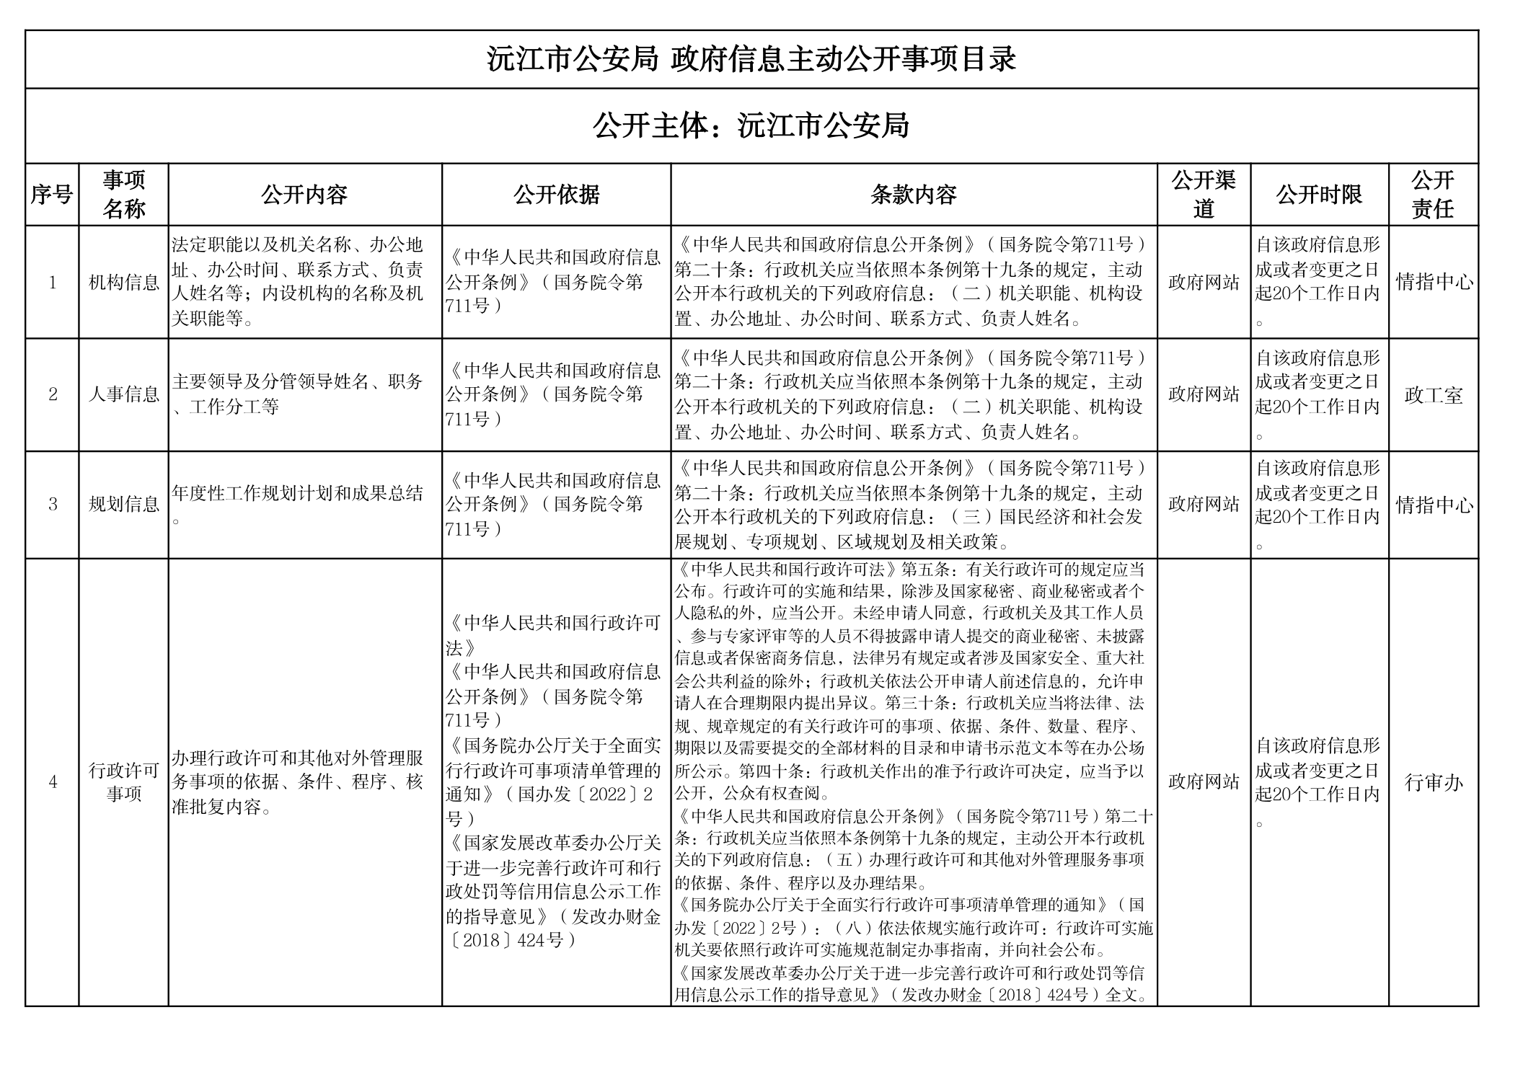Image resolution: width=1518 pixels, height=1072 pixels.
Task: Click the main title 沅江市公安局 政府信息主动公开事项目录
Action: (x=751, y=59)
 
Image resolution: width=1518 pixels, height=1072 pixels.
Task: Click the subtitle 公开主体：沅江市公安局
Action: (x=751, y=126)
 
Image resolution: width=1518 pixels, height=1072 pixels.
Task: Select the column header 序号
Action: (x=52, y=195)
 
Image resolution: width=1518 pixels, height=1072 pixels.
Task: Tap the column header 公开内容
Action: (x=304, y=195)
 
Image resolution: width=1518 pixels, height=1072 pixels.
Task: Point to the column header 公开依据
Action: (x=556, y=195)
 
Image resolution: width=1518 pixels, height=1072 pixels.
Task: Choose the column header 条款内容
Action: (x=913, y=195)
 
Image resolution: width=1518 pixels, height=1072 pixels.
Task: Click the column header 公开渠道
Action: (x=1203, y=195)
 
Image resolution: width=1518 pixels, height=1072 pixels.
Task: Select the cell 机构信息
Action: (x=123, y=283)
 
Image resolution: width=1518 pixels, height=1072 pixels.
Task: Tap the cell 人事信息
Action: (x=123, y=394)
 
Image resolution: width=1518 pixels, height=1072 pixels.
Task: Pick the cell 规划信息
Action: (x=123, y=504)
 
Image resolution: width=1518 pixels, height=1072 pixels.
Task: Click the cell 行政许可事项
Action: (x=123, y=782)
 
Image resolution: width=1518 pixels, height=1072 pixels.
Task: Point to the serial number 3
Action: (x=52, y=504)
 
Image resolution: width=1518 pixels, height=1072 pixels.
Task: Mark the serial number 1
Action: (x=52, y=283)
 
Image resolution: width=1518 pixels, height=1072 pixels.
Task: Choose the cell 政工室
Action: (x=1433, y=395)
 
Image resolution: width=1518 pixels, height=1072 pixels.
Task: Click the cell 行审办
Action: (x=1433, y=782)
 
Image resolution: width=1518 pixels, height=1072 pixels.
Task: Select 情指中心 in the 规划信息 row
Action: (x=1433, y=505)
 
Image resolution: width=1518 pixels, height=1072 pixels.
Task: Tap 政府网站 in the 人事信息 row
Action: (x=1203, y=394)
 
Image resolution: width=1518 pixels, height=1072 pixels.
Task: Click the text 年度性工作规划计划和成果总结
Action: (x=297, y=494)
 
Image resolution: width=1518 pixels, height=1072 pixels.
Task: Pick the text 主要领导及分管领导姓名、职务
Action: (x=297, y=382)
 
